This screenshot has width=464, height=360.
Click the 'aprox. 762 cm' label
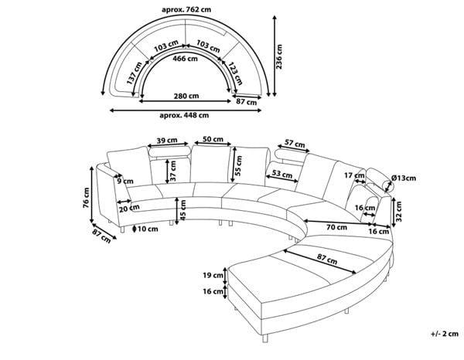186,9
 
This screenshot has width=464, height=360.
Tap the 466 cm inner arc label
185,59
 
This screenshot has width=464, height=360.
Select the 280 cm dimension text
186,96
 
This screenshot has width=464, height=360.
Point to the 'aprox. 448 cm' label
184,115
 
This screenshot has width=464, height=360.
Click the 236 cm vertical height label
278,56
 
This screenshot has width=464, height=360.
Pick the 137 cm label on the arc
135,73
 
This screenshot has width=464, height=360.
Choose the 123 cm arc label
236,73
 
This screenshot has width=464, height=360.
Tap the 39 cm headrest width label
167,140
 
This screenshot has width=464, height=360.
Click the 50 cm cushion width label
213,139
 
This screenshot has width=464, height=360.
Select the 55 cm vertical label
238,165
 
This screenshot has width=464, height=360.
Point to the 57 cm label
295,144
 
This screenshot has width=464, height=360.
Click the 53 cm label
282,173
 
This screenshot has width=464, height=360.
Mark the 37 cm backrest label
173,171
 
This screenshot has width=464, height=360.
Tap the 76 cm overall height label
86,198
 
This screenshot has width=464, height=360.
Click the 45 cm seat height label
183,210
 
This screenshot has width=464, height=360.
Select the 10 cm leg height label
148,229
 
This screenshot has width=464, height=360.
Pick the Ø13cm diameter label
404,178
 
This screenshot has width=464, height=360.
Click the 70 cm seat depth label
336,227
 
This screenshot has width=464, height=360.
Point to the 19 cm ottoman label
213,276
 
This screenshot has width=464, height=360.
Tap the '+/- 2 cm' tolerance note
445,334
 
